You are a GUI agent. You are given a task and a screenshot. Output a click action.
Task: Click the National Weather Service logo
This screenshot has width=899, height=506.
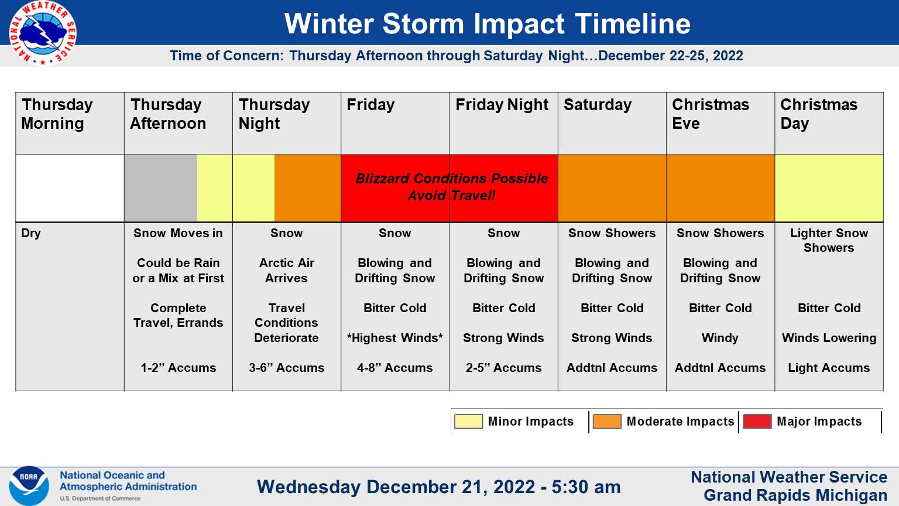pos(42,33)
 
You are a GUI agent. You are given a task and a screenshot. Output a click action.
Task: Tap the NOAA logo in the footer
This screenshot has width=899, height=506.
pos(29,486)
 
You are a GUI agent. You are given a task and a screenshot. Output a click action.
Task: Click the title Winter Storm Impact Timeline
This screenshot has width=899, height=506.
pos(487,24)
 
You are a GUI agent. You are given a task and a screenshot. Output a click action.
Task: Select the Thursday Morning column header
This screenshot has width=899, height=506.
pos(57,114)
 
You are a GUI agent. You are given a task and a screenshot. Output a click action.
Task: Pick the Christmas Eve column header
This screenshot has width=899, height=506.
pos(710,114)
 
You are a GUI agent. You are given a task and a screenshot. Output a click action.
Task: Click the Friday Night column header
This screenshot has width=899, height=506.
pos(502,105)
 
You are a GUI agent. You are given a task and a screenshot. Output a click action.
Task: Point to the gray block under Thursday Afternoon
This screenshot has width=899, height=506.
pos(160,188)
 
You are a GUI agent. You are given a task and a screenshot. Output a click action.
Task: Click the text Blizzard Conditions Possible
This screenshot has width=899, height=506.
pos(451,179)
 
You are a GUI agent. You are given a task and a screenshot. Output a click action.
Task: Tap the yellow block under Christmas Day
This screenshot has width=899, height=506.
pos(829,188)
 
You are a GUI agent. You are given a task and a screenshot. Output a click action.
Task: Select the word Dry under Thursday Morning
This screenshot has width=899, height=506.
pos(31,233)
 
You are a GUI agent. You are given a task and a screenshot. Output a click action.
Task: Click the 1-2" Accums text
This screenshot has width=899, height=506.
pos(178,368)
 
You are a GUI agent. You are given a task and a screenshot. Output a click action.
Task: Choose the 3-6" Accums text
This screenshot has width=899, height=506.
pos(286,368)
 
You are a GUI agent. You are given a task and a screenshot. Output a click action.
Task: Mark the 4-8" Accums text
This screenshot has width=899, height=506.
pos(394,368)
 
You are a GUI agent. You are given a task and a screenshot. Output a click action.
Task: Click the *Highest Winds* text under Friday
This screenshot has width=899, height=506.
pos(394,338)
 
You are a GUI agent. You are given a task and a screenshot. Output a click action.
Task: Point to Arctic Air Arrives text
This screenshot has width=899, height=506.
pos(286,271)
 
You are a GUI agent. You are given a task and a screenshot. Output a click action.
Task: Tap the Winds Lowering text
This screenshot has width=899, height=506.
pos(829,338)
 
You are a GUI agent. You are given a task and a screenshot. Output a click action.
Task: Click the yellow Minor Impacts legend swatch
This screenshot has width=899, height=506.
pos(468,422)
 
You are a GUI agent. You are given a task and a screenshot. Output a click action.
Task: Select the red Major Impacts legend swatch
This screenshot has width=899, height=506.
pos(757,422)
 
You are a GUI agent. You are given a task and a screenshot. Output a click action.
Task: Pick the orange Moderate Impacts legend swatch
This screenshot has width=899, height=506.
pos(606,422)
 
